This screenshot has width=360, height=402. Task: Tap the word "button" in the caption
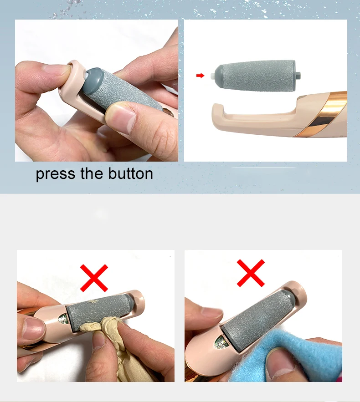130,173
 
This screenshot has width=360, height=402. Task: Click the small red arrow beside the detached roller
200,76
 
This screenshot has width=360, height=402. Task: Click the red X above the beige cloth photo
94,278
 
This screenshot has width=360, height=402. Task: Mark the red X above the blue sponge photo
251,273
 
